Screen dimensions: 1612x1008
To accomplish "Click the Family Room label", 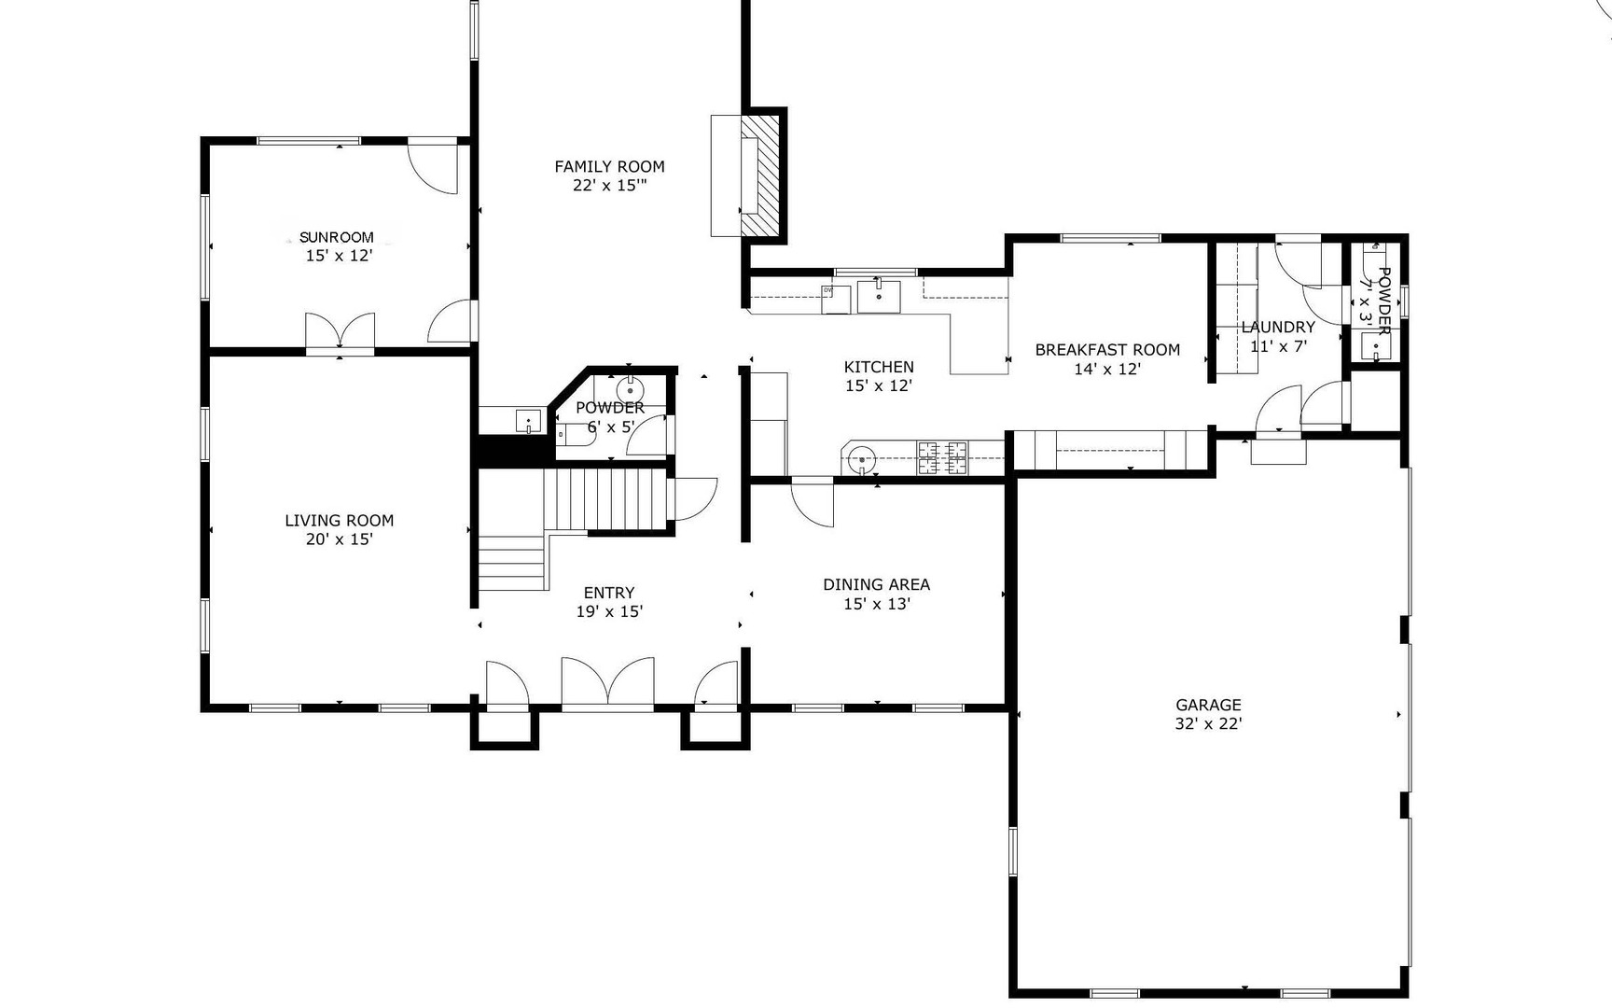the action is pyautogui.click(x=609, y=166).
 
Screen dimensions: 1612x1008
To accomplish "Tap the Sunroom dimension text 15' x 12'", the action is pyautogui.click(x=339, y=256).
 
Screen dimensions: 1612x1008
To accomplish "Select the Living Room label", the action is pyautogui.click(x=339, y=520).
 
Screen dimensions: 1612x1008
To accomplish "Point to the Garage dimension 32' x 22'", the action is pyautogui.click(x=1208, y=723).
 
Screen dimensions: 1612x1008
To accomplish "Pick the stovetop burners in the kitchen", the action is pyautogui.click(x=943, y=457).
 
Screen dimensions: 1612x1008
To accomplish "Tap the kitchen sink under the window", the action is pyautogui.click(x=879, y=295).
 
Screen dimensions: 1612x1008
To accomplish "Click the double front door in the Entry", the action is pyautogui.click(x=607, y=681).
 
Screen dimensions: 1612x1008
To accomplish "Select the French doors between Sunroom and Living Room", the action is pyautogui.click(x=340, y=331).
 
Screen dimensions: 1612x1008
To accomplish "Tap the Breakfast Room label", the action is pyautogui.click(x=1107, y=350).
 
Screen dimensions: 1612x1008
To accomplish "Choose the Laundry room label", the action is pyautogui.click(x=1278, y=327).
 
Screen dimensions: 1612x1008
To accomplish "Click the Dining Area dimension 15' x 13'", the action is pyautogui.click(x=876, y=604).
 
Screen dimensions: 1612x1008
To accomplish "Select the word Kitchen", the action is pyautogui.click(x=879, y=367).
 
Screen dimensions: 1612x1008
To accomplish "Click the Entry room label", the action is pyautogui.click(x=609, y=593).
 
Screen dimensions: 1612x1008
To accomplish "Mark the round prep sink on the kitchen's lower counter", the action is pyautogui.click(x=863, y=460).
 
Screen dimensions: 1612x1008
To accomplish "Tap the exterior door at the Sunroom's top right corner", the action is pyautogui.click(x=435, y=167).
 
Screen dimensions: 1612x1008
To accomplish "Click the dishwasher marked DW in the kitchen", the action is pyautogui.click(x=836, y=299).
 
